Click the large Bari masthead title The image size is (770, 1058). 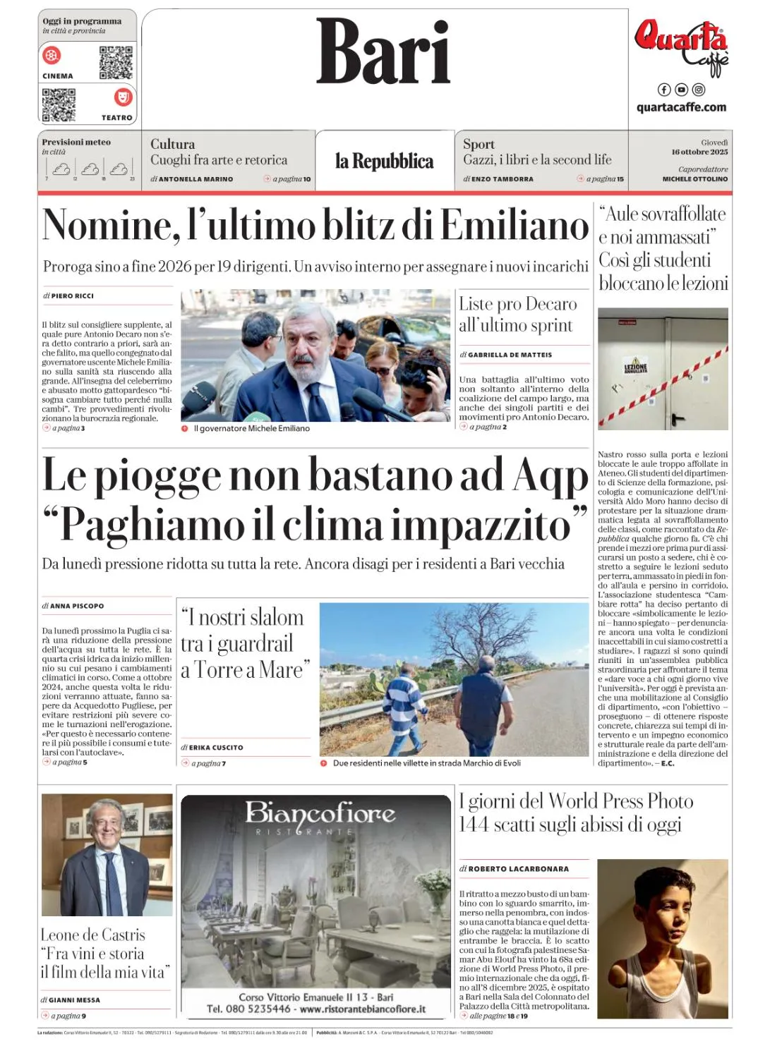(x=383, y=51)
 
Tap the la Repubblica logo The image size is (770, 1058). (x=384, y=162)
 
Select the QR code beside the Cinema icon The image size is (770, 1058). (x=116, y=63)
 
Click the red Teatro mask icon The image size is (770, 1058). (x=123, y=97)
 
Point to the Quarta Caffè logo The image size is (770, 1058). (x=681, y=46)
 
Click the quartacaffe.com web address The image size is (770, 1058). (x=681, y=107)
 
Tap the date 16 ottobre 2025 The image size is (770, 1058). (x=699, y=152)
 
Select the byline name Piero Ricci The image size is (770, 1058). (x=72, y=296)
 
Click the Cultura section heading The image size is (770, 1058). (x=172, y=144)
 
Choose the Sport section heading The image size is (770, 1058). (x=479, y=144)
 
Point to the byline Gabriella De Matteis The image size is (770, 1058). (x=510, y=355)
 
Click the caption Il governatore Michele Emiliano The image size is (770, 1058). (x=251, y=428)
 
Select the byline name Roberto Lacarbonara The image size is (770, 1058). (x=518, y=869)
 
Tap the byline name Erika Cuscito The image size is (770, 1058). (x=215, y=747)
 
